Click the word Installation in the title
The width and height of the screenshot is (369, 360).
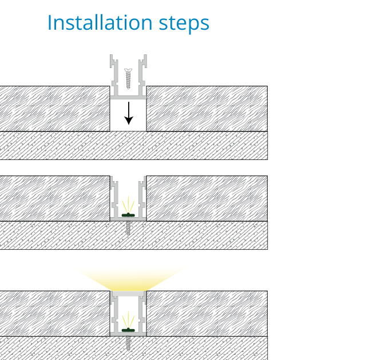(100, 23)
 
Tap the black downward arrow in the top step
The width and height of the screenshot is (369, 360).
(129, 113)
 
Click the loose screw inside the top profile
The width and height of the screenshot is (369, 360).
(128, 79)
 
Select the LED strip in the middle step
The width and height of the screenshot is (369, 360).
(128, 215)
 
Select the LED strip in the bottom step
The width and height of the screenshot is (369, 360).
(128, 330)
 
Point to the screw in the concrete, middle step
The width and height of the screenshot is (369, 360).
(128, 228)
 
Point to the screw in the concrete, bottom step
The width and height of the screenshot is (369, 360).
(128, 343)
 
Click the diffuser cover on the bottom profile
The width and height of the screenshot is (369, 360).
(128, 294)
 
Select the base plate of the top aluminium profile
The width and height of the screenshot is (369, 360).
(128, 97)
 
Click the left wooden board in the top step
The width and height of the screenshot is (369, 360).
(54, 109)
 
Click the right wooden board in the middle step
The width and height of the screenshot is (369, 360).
(207, 198)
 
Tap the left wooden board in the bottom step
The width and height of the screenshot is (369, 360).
(54, 314)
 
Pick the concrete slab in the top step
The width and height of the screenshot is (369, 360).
(134, 146)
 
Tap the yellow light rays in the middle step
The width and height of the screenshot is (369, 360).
(128, 204)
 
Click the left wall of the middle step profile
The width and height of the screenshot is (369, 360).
(114, 197)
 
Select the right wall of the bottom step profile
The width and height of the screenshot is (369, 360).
(142, 313)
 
